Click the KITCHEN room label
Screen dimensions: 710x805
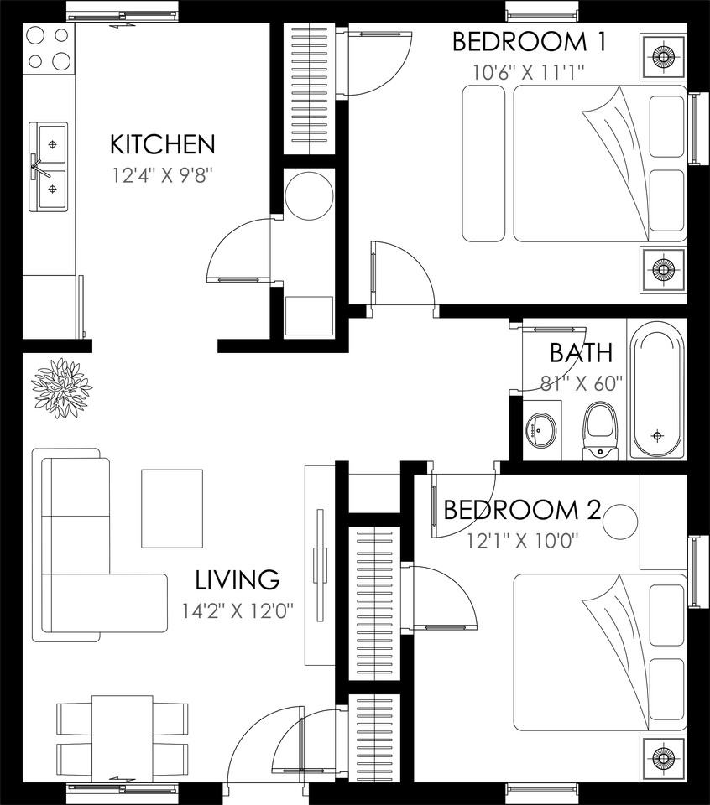[x=162, y=145]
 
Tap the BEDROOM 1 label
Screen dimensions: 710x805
[x=530, y=42]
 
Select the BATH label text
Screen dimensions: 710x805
[x=581, y=353]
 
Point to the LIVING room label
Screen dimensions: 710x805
[x=238, y=579]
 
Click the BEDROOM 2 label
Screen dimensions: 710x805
[x=522, y=510]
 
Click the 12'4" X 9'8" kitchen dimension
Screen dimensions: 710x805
[x=162, y=175]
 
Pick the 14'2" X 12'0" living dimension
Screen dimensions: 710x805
[x=238, y=610]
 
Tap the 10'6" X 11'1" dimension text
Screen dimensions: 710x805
[x=529, y=72]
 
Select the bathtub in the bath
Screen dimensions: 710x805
[x=657, y=388]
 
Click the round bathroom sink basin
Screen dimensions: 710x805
[x=541, y=430]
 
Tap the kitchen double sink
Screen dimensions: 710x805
[x=49, y=167]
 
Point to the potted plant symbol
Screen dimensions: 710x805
[x=61, y=388]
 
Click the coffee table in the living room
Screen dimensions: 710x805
[x=172, y=508]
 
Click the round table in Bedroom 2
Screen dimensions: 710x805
[x=620, y=521]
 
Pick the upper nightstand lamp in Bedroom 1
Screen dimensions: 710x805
[x=663, y=56]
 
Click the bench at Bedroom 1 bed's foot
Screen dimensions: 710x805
[x=483, y=164]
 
